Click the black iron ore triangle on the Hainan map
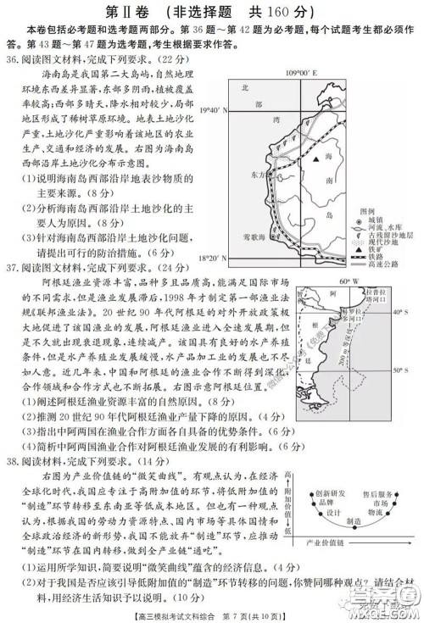[x=315, y=159]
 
